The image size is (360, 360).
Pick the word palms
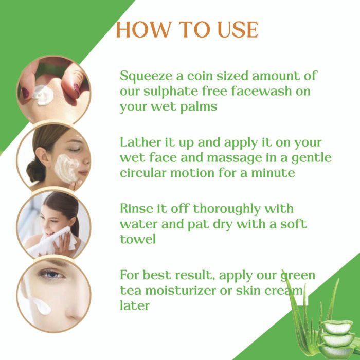[x=199, y=107]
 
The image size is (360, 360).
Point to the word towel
[x=138, y=239]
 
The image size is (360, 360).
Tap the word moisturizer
[x=181, y=291]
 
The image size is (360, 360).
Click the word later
[x=135, y=305]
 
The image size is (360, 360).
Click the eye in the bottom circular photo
[x=51, y=274]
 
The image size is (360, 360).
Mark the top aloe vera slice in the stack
[x=337, y=327]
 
